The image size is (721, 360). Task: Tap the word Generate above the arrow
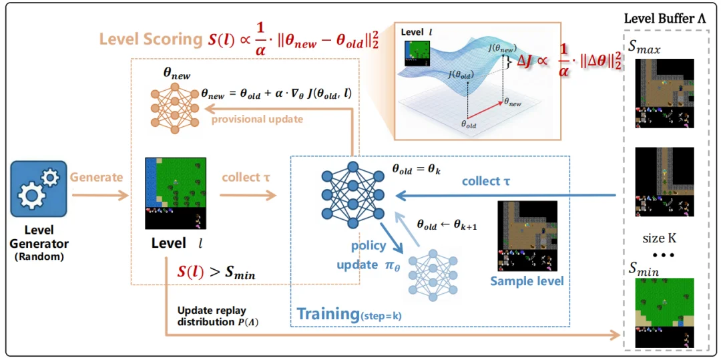[97, 178]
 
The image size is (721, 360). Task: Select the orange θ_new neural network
[174, 108]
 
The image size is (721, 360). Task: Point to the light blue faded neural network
[432, 275]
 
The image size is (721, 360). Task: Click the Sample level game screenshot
[527, 236]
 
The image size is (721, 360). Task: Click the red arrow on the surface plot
[485, 108]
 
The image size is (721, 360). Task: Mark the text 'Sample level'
[527, 281]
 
